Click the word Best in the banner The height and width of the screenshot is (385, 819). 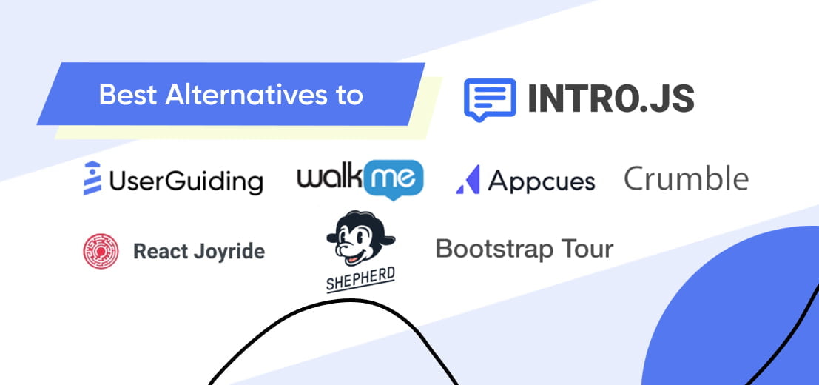click(128, 95)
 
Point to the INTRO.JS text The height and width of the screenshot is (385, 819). click(611, 98)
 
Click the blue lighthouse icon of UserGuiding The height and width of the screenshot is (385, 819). click(92, 178)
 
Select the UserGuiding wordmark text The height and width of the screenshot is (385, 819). click(186, 181)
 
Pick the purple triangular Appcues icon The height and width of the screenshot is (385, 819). click(468, 180)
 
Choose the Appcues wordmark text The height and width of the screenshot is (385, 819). click(542, 181)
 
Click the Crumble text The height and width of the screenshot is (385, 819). click(687, 178)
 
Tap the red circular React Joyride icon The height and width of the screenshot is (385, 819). click(101, 251)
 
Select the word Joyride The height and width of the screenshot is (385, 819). click(229, 252)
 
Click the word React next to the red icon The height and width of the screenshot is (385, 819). click(161, 251)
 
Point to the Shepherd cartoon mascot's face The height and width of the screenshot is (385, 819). click(357, 244)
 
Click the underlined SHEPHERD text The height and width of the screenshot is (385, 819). click(360, 279)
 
